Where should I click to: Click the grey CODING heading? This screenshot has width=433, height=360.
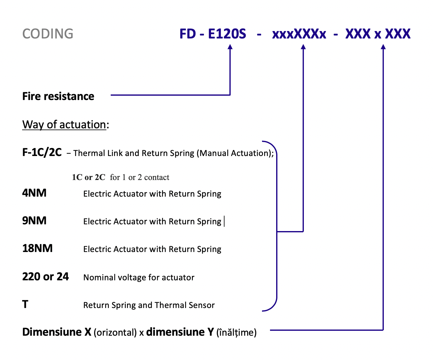pyautogui.click(x=48, y=34)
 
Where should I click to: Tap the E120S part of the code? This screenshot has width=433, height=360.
pyautogui.click(x=227, y=34)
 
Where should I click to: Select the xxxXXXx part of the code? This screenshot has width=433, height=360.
pyautogui.click(x=299, y=34)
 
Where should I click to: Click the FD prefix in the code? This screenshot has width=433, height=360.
pyautogui.click(x=188, y=34)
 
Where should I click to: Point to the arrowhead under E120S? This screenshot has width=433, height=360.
pyautogui.click(x=230, y=47)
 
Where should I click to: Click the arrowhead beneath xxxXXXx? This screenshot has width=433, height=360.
pyautogui.click(x=303, y=47)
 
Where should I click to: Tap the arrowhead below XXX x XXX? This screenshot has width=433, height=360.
pyautogui.click(x=383, y=47)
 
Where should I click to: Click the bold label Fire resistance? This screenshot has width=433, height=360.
pyautogui.click(x=58, y=96)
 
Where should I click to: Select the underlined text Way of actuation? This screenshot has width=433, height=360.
pyautogui.click(x=64, y=125)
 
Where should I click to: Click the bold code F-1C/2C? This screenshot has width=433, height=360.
pyautogui.click(x=42, y=152)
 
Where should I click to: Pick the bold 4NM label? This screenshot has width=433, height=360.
pyautogui.click(x=34, y=193)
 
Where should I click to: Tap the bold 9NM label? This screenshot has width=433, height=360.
pyautogui.click(x=34, y=221)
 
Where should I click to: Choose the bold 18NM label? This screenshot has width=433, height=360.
pyautogui.click(x=37, y=248)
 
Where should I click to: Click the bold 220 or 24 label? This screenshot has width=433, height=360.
pyautogui.click(x=46, y=277)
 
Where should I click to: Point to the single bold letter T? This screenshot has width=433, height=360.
pyautogui.click(x=25, y=304)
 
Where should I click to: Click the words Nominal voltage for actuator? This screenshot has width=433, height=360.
pyautogui.click(x=139, y=278)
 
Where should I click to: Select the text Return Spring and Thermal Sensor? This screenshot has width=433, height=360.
pyautogui.click(x=149, y=305)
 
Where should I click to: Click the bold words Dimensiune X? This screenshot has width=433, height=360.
pyautogui.click(x=57, y=332)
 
